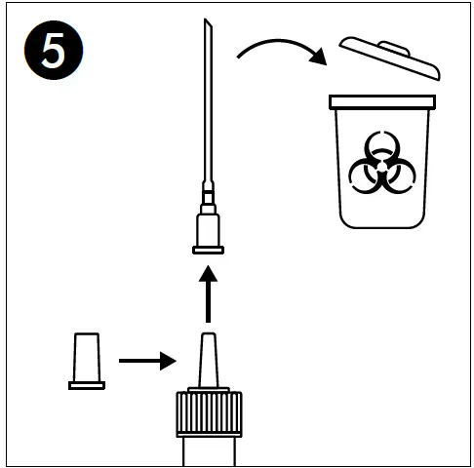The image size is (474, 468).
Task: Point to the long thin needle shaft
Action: click(x=208, y=107)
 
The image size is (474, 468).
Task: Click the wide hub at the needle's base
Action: click(x=208, y=230)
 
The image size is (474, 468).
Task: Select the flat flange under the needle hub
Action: click(x=208, y=251)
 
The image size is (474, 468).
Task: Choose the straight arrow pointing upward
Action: click(x=207, y=297)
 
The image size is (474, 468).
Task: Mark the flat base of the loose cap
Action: click(x=87, y=384)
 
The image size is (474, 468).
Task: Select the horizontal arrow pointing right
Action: click(x=146, y=361)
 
